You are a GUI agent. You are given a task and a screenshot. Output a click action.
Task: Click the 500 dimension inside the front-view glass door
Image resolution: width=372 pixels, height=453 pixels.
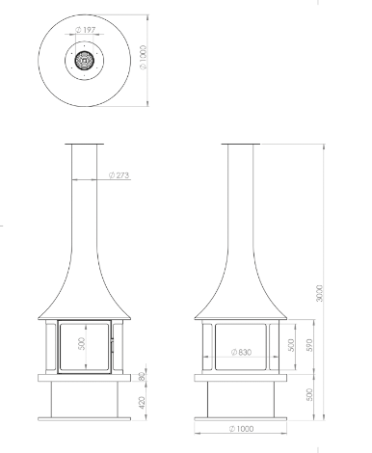click(x=82, y=344)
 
